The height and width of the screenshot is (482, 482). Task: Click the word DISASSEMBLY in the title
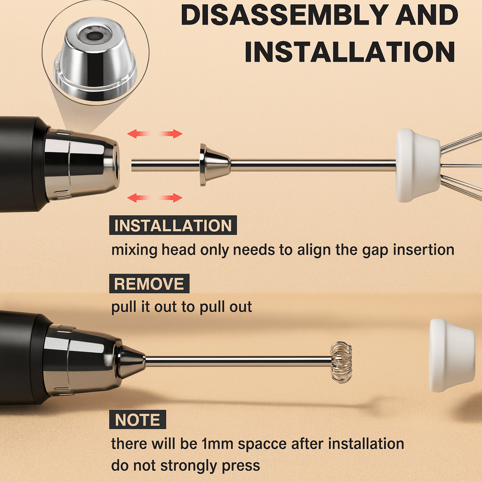click(x=285, y=15)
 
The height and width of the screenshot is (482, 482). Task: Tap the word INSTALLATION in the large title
click(x=350, y=52)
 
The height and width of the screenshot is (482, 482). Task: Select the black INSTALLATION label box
click(x=173, y=225)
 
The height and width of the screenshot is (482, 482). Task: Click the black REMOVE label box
click(x=149, y=283)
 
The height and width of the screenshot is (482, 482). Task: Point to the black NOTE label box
click(x=138, y=419)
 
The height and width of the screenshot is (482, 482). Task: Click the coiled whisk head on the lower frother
click(x=341, y=362)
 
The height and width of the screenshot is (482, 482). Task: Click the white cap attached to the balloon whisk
click(x=418, y=165)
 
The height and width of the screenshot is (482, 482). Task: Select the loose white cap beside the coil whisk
click(x=451, y=355)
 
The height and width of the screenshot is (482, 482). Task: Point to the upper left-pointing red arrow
click(x=139, y=134)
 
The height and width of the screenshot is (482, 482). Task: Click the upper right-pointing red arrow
click(x=171, y=134)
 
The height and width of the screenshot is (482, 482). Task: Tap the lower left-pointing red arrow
click(x=139, y=198)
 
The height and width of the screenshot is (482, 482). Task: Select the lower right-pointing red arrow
click(x=171, y=198)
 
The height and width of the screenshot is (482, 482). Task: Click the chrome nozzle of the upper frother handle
click(x=82, y=164)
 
